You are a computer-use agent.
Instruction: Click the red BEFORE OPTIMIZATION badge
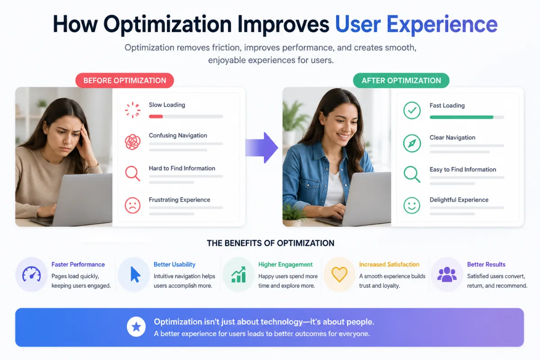pyautogui.click(x=125, y=81)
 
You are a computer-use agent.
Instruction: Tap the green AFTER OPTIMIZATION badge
pyautogui.click(x=401, y=81)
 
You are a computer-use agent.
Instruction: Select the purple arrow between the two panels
pyautogui.click(x=262, y=148)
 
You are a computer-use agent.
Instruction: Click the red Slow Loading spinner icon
pyautogui.click(x=133, y=110)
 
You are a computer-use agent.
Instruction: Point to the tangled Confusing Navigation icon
pyautogui.click(x=133, y=142)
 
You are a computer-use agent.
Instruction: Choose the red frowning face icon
pyautogui.click(x=133, y=206)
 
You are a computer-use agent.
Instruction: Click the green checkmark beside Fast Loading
pyautogui.click(x=412, y=110)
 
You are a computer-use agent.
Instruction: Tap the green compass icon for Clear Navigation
pyautogui.click(x=412, y=144)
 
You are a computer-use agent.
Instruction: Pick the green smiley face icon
pyautogui.click(x=412, y=206)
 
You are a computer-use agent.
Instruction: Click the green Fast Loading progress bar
pyautogui.click(x=461, y=117)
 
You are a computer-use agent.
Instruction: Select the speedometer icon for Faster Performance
pyautogui.click(x=31, y=274)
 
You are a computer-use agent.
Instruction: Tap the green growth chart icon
pyautogui.click(x=238, y=274)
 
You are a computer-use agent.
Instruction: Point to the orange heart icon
pyautogui.click(x=339, y=274)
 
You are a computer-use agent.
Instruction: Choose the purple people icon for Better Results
pyautogui.click(x=447, y=274)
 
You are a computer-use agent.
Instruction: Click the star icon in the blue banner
pyautogui.click(x=136, y=327)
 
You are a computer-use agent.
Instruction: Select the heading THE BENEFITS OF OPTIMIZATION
pyautogui.click(x=270, y=243)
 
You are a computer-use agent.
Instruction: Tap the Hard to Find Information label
pyautogui.click(x=182, y=168)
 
